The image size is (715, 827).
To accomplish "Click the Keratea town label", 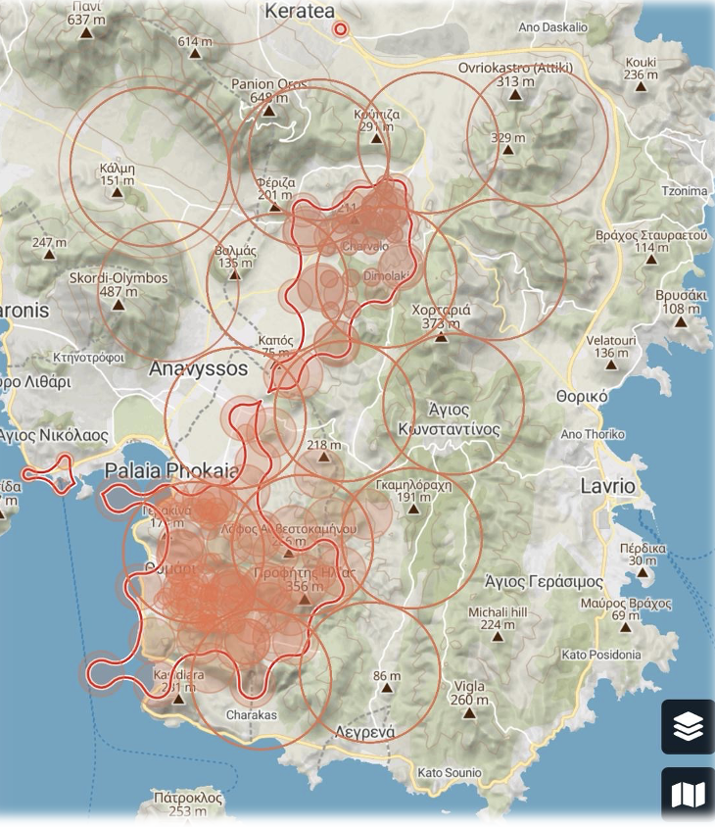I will (x=300, y=11).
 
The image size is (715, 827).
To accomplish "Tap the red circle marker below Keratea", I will (x=341, y=30).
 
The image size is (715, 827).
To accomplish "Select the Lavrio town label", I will (x=607, y=486).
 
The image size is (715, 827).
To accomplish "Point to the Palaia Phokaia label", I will (x=171, y=470).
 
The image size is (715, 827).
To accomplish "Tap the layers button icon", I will (x=688, y=726).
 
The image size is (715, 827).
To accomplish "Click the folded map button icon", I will (x=688, y=794).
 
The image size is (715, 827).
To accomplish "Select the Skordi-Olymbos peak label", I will (x=119, y=278).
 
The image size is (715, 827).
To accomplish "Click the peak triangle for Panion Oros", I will (x=268, y=111).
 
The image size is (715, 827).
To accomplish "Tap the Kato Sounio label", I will (x=449, y=773).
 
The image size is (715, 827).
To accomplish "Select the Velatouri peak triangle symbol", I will (x=611, y=365).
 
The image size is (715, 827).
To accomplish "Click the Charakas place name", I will (x=252, y=714).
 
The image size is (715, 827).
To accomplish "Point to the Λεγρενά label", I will (x=364, y=732).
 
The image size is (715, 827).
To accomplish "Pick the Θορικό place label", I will (x=582, y=397).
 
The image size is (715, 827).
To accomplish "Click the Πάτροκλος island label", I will (x=187, y=799).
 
